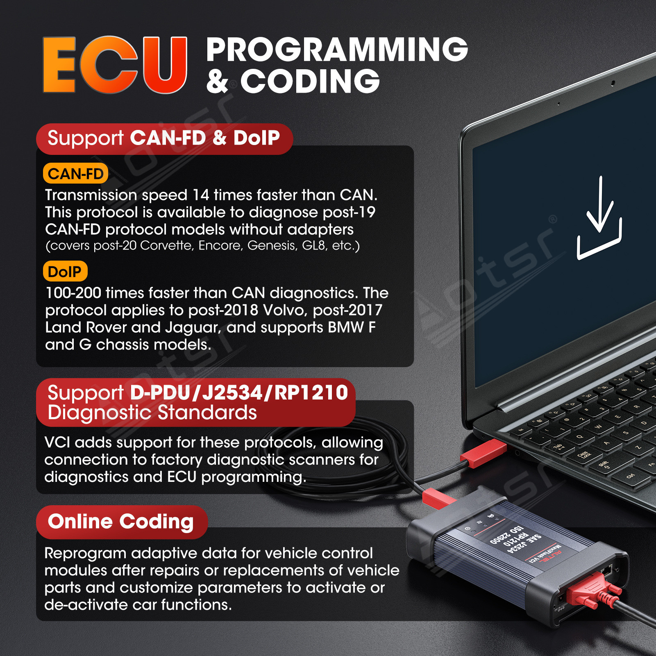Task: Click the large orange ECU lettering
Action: coord(115,65)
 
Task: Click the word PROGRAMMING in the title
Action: coord(337,50)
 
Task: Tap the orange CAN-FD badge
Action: coord(75,173)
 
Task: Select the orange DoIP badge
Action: coord(65,271)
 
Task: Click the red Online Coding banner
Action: coord(121,522)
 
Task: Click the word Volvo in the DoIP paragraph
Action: coord(284,310)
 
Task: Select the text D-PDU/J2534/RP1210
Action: coord(239,393)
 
